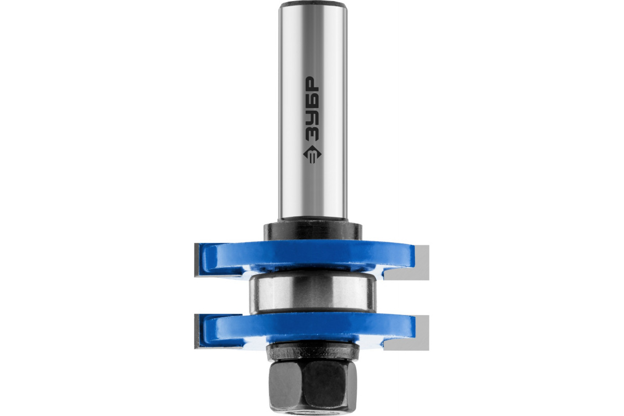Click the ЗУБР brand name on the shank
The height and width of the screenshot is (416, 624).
311,108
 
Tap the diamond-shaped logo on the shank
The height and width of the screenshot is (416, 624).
312,154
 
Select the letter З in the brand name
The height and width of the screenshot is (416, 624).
311,133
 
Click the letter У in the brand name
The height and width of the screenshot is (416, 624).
311,117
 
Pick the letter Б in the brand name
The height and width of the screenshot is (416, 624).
311,100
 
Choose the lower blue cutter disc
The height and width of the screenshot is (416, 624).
309,328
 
